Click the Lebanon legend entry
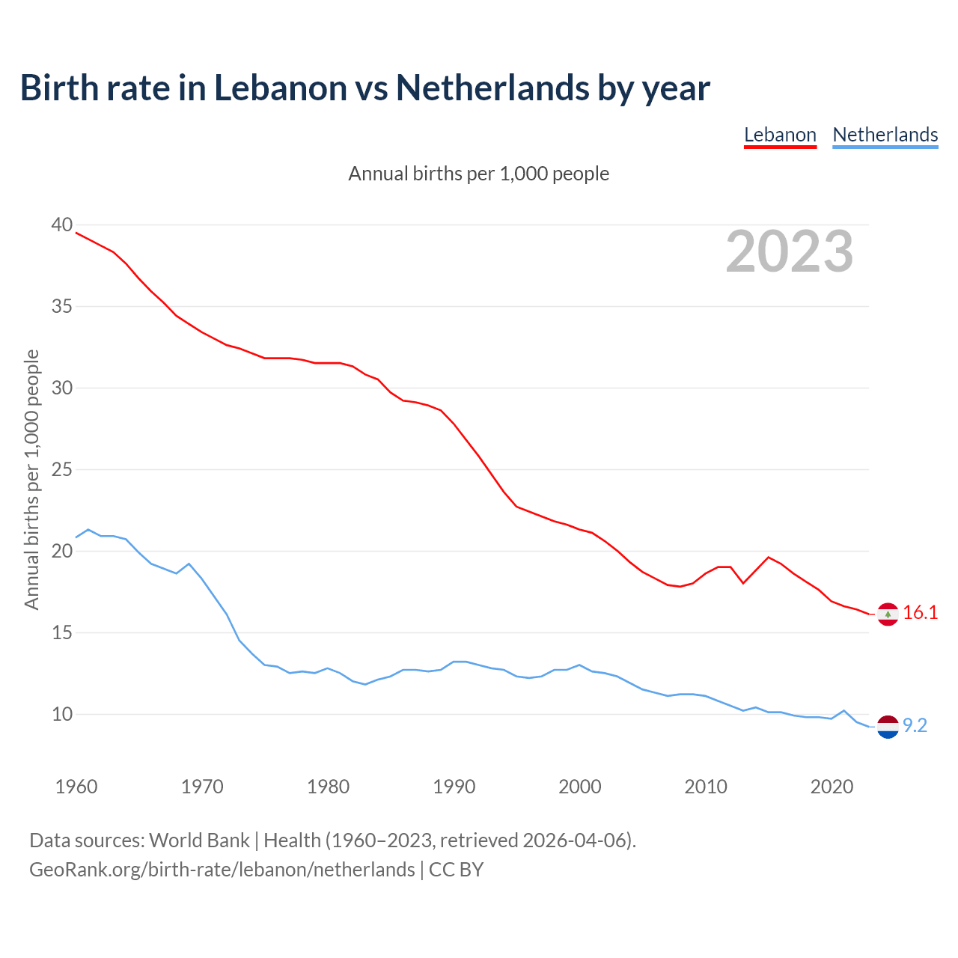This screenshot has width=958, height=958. coord(780,135)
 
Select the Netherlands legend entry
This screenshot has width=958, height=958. coord(885,135)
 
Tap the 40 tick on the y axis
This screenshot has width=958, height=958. coord(62,225)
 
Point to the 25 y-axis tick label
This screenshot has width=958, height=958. coord(62,470)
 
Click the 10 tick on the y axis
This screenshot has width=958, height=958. coord(62,714)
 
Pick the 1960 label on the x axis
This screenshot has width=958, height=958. coord(76,787)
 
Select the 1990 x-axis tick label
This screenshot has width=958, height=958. coord(454,787)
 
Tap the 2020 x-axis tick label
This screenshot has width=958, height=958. coord(832,787)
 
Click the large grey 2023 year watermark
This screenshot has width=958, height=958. coord(790,251)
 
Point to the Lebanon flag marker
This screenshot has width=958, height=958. coord(888,614)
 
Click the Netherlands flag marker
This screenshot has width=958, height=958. coord(888,726)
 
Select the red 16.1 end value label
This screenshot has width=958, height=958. coord(920,613)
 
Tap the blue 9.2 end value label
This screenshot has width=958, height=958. coord(915,725)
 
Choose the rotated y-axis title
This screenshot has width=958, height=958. coord(31,479)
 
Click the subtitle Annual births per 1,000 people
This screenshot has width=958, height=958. coord(479,174)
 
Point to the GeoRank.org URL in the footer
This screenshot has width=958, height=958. coord(222,870)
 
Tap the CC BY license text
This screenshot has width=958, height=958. coord(456,870)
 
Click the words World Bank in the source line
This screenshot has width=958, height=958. coord(199,840)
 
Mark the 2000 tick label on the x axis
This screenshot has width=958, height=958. coord(580,787)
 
